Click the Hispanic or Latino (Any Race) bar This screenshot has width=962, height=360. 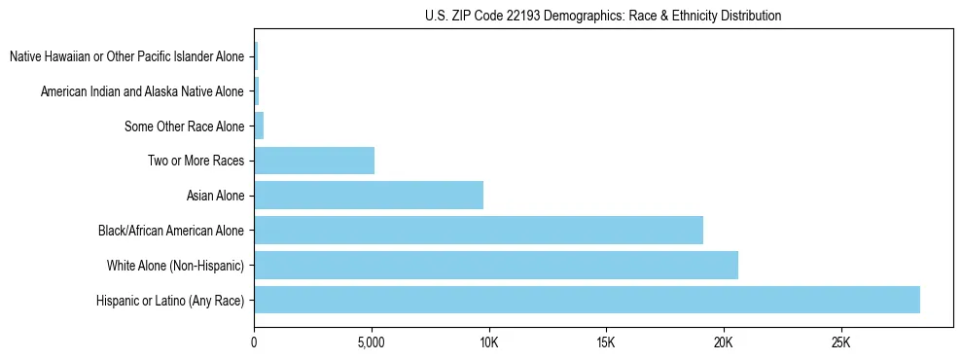click(x=587, y=300)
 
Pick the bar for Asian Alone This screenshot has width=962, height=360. click(x=369, y=196)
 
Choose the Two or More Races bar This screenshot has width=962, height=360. click(x=314, y=161)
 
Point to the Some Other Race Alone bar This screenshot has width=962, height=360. click(x=259, y=126)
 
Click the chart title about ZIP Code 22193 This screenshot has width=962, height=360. click(x=603, y=16)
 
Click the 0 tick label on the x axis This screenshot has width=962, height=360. click(x=254, y=343)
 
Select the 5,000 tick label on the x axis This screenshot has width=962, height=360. click(x=372, y=343)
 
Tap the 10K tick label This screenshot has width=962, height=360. click(x=488, y=343)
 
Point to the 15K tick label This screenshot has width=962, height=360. click(x=606, y=343)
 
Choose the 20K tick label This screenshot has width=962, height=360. click(x=724, y=343)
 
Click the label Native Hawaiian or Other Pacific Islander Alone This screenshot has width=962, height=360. click(x=126, y=56)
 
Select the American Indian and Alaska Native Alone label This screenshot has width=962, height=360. click(x=142, y=91)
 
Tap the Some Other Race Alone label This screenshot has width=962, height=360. click(x=185, y=126)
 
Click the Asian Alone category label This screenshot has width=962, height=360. click(x=215, y=196)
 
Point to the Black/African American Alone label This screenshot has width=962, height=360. click(x=171, y=231)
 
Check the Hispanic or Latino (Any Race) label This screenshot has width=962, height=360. click(x=170, y=300)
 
